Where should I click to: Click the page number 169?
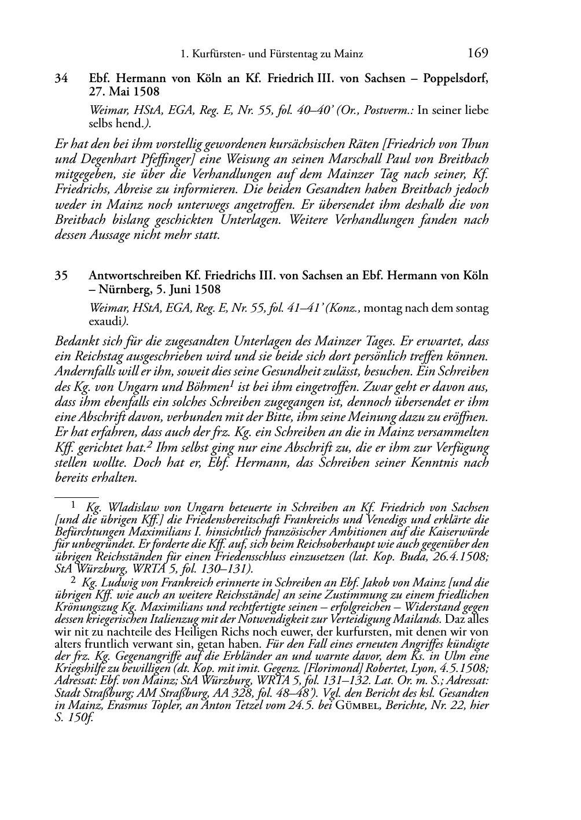coord(477,54)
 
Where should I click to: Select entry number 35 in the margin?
coord(62,276)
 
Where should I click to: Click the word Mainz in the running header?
coord(349,54)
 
